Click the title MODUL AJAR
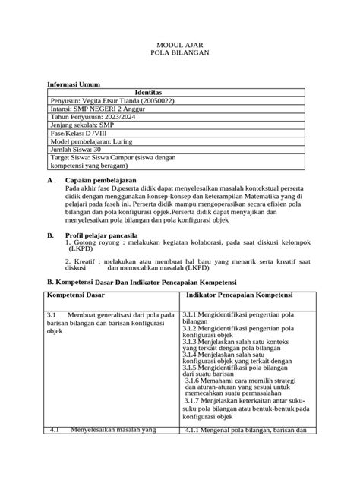pos(180,46)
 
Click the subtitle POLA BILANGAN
pos(180,55)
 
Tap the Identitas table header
pos(180,91)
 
